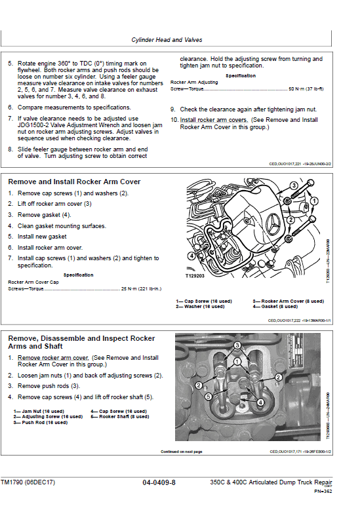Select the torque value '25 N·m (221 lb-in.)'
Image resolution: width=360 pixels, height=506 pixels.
(x=141, y=288)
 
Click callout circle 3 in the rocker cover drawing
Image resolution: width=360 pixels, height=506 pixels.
(x=293, y=186)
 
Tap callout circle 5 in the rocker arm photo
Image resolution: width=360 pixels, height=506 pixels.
(x=208, y=397)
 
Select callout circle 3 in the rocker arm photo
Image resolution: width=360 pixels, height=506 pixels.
(x=238, y=344)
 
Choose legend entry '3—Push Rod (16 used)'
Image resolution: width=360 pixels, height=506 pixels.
(x=40, y=423)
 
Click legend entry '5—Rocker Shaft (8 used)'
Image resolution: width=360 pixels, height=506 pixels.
(x=121, y=417)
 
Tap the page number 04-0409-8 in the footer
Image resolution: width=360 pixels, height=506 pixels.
(x=159, y=483)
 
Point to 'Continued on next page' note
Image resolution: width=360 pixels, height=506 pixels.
(x=182, y=452)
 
